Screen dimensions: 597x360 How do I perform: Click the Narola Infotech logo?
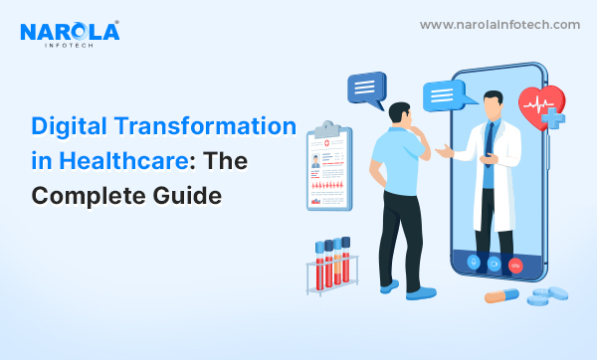point(70,34)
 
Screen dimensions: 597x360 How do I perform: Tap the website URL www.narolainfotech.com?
point(499,25)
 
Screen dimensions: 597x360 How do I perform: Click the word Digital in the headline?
point(69,126)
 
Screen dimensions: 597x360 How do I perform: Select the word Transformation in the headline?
point(205,125)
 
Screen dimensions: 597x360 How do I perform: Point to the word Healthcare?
point(123,160)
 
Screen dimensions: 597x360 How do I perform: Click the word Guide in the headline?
point(187,196)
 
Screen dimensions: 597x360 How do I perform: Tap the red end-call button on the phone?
point(515,266)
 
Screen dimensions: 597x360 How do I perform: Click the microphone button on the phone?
point(474,263)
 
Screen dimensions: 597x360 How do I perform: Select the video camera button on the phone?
point(495,264)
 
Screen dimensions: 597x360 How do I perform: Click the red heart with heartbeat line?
point(540,106)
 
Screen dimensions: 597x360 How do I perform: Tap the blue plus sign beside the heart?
point(553,118)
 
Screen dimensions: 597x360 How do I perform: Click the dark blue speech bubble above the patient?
point(367,89)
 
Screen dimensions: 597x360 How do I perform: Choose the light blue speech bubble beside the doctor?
point(446,95)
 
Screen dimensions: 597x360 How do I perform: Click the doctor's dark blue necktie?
point(490,143)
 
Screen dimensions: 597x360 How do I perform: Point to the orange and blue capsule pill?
point(501,295)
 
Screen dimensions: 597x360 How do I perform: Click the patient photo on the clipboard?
point(315,161)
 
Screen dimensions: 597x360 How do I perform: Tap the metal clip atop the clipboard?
point(327,129)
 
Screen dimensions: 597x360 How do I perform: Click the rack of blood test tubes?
point(332,266)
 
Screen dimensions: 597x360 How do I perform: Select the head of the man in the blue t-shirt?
point(400,113)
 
